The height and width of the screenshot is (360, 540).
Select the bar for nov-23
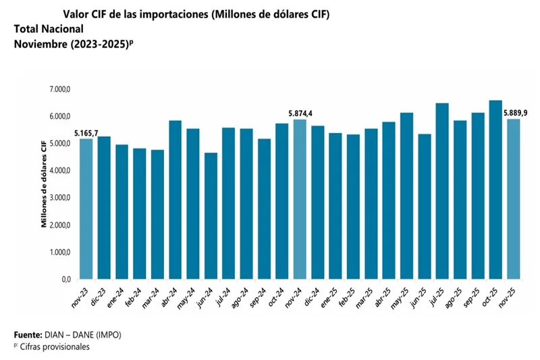(86, 209)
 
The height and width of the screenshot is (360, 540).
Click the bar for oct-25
(495, 190)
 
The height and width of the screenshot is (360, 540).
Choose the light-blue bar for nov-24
(299, 199)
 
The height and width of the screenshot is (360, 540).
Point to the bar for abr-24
(175, 200)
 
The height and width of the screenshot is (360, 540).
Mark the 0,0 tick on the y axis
(66, 279)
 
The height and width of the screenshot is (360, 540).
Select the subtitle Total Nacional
(49, 29)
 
